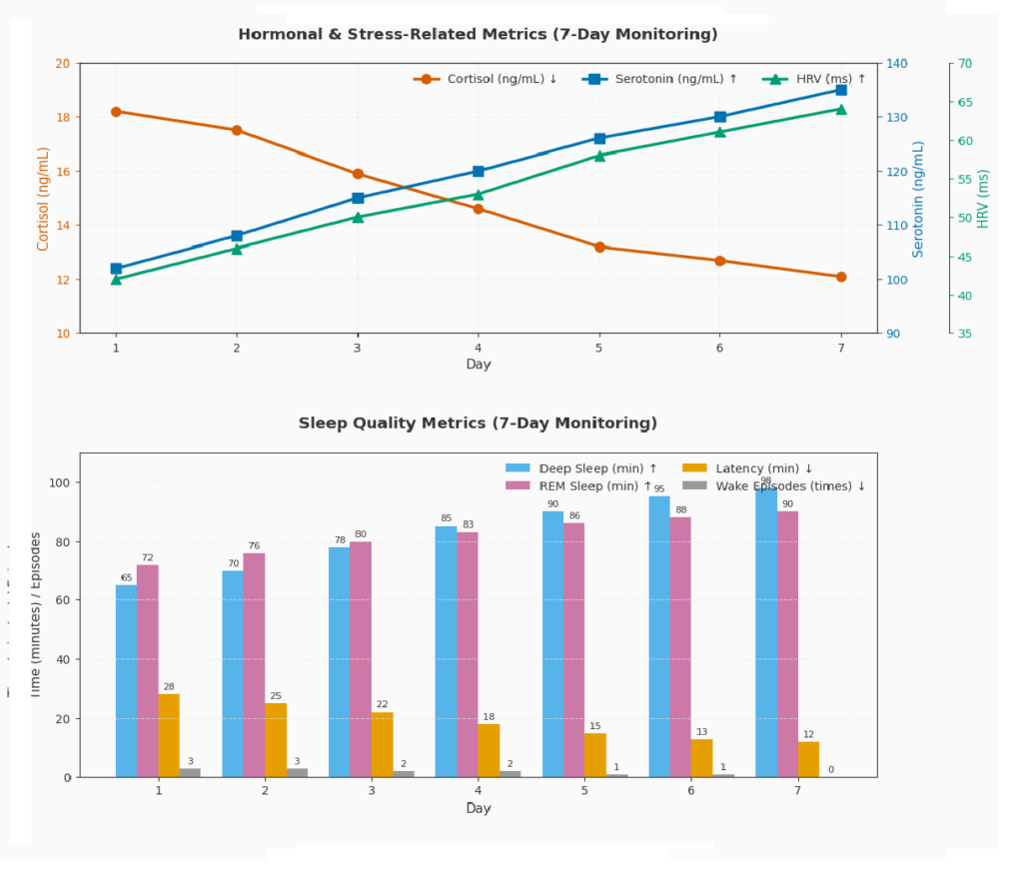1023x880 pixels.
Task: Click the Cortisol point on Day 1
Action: [116, 112]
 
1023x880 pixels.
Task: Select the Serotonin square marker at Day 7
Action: [841, 90]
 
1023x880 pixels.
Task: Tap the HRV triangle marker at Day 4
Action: [478, 195]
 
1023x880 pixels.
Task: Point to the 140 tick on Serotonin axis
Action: [896, 64]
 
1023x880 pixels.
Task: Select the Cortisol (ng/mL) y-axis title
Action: [43, 199]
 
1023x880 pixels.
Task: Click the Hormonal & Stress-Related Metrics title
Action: [478, 35]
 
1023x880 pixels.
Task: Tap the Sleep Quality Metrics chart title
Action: [478, 424]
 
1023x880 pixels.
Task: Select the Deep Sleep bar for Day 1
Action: [126, 680]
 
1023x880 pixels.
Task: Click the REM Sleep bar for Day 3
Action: [360, 659]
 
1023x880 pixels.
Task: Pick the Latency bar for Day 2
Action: [276, 740]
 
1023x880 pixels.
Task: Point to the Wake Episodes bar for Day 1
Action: [190, 772]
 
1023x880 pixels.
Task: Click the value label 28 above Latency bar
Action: [169, 687]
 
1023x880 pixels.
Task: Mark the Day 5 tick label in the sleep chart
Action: [584, 791]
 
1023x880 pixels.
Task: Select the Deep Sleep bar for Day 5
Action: [552, 644]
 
